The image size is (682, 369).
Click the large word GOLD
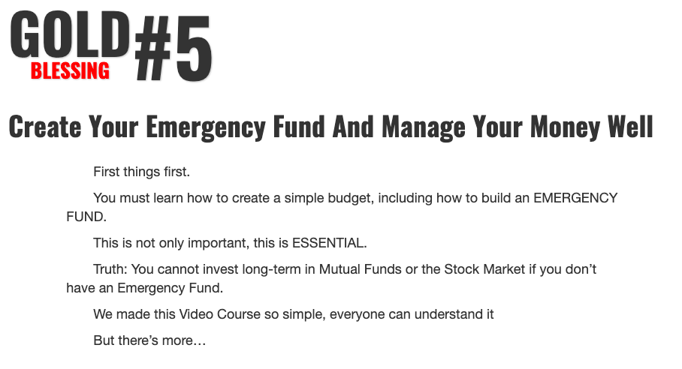(x=70, y=34)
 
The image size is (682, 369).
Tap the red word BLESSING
(x=70, y=70)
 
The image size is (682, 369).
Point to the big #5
(x=173, y=48)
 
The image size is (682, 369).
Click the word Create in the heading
(x=45, y=127)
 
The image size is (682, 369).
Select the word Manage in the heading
(x=423, y=127)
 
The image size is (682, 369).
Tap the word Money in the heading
(x=565, y=127)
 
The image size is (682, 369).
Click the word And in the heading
(x=353, y=127)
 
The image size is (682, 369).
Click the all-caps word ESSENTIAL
(x=329, y=243)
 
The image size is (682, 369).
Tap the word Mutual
(x=339, y=269)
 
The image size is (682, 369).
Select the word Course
(x=238, y=314)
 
